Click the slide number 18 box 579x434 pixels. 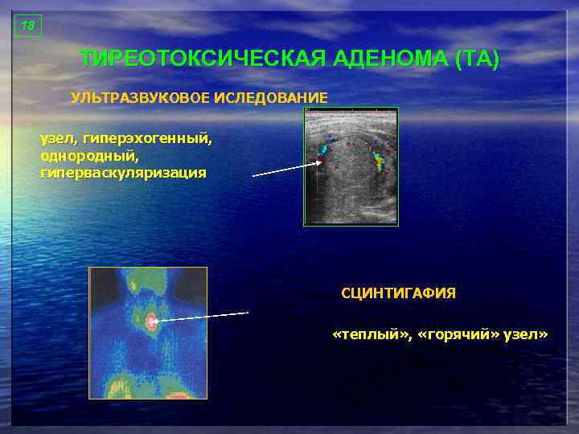coord(28,26)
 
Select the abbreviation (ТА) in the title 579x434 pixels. coord(477,59)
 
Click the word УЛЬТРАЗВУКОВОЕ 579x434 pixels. coord(140,98)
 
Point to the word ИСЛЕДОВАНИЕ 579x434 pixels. coord(270,98)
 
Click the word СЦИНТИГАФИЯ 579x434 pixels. coord(398,294)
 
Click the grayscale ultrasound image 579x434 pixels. coord(351,166)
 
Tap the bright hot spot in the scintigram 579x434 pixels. coord(151,321)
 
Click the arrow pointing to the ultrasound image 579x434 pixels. coord(286,168)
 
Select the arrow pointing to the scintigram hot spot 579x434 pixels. coord(202,317)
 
